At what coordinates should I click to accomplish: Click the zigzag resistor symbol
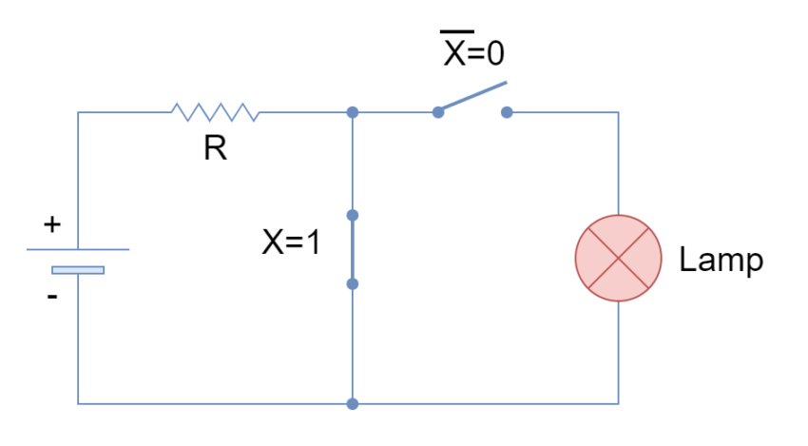(x=215, y=112)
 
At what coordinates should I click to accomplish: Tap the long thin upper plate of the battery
(x=78, y=249)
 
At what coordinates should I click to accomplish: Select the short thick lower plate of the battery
(x=78, y=270)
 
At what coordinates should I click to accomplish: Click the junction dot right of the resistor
(x=353, y=112)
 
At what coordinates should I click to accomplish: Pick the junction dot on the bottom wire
(x=353, y=403)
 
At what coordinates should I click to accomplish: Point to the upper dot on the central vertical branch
(x=353, y=215)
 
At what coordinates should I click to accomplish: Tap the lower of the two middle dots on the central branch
(x=353, y=283)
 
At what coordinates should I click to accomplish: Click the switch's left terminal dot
(x=437, y=112)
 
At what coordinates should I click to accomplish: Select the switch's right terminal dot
(x=507, y=112)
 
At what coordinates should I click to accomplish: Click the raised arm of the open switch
(x=473, y=96)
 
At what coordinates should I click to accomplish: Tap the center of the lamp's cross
(x=618, y=258)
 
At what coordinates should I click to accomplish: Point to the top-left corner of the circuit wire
(x=78, y=112)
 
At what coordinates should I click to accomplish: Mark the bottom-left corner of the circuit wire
(x=78, y=403)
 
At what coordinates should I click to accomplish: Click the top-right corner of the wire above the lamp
(x=618, y=112)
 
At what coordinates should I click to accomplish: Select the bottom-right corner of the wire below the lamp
(x=618, y=403)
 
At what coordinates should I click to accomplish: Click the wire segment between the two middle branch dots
(x=353, y=249)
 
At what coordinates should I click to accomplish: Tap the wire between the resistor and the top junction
(x=304, y=112)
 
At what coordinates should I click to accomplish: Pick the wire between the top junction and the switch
(x=394, y=112)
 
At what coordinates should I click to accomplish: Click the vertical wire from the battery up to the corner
(x=78, y=181)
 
